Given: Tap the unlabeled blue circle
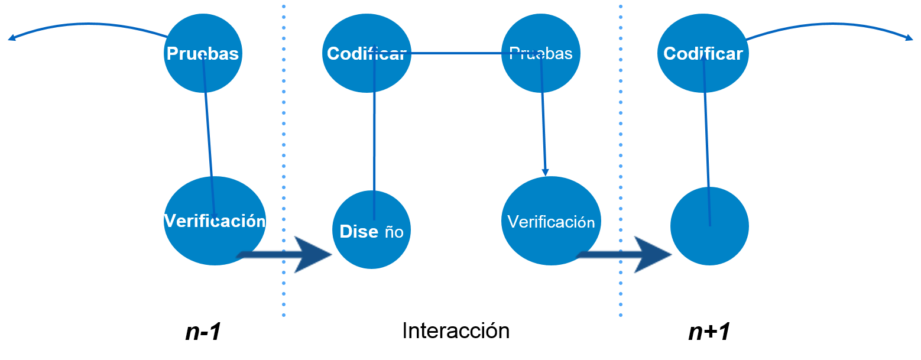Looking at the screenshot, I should tap(709, 226).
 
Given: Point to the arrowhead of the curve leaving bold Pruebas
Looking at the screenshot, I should tap(11, 38).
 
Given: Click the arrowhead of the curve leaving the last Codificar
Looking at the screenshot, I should tap(910, 38).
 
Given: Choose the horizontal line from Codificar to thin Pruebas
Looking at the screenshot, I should tap(455, 53).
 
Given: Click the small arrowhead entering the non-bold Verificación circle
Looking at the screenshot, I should tap(545, 172).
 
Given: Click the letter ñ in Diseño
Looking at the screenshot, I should tap(390, 232).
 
